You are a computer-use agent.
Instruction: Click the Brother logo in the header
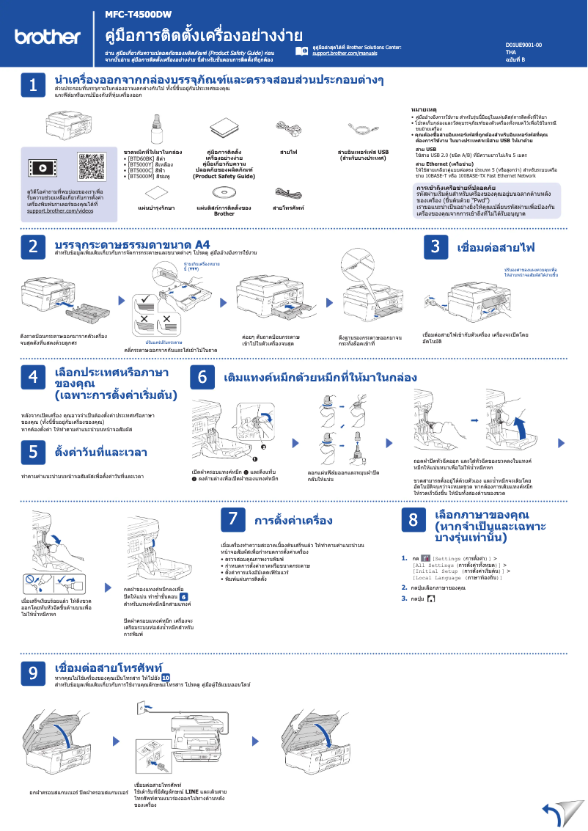48,37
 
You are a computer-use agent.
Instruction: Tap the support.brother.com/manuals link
345,54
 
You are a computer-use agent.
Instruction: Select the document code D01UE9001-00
523,45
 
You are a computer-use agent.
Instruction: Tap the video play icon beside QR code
45,168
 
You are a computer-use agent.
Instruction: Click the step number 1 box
33,85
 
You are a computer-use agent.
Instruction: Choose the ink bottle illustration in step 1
156,128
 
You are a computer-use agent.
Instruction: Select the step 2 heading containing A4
133,244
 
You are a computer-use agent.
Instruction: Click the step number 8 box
413,520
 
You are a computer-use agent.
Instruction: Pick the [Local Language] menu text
440,578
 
